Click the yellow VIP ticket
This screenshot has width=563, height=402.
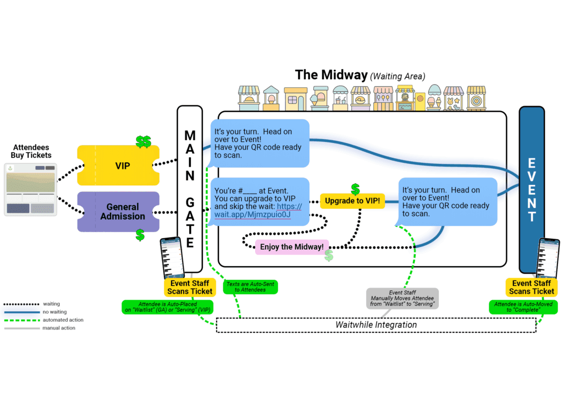point(118,165)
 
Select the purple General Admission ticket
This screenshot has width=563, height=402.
point(118,212)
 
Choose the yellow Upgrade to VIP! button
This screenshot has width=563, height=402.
point(352,201)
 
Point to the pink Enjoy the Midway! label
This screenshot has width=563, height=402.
point(291,247)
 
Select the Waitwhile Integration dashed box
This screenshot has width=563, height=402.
point(376,325)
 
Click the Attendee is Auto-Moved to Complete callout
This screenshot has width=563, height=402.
point(523,307)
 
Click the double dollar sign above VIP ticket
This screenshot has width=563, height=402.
point(143,142)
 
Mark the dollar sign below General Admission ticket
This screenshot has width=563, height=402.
point(140,235)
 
